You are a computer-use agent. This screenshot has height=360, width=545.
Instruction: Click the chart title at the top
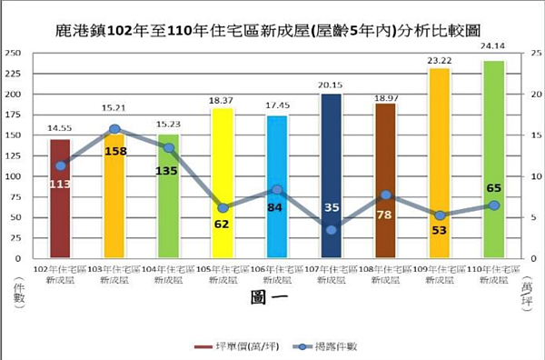click(272, 28)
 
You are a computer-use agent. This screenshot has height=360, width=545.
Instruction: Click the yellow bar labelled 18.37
click(223, 182)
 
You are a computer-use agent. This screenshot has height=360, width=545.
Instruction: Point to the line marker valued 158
click(114, 130)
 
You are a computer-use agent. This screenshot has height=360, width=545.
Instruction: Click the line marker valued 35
click(331, 230)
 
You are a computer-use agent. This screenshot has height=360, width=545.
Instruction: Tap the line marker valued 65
click(493, 205)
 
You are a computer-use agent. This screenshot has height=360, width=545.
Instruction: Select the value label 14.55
click(60, 129)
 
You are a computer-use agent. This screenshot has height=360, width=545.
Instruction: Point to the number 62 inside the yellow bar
click(223, 222)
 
